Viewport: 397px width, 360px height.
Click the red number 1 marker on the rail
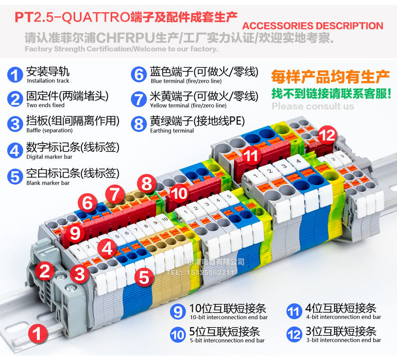tap(37, 333)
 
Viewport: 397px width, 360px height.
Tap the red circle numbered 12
tap(327, 136)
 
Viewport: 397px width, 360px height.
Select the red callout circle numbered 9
tap(75, 232)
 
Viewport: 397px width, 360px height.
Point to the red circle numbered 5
tap(143, 276)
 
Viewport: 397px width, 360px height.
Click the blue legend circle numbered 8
tap(139, 124)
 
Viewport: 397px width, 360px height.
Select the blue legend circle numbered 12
tap(294, 334)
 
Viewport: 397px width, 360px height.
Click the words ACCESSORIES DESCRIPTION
tap(312, 26)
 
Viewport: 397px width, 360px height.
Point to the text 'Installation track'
tap(48, 81)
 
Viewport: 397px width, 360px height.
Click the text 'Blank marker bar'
tap(48, 183)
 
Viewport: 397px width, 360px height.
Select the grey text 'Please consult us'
tap(313, 106)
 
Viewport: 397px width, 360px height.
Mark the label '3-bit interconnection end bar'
tap(343, 340)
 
